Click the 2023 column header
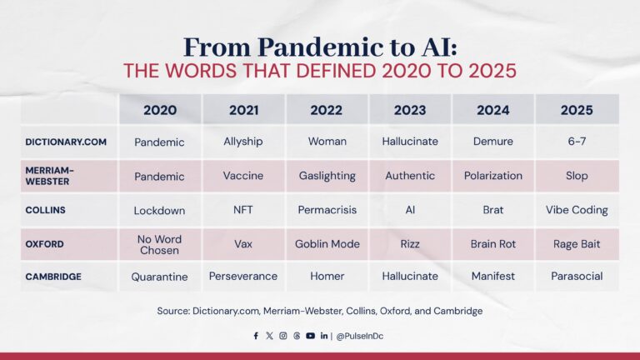410,109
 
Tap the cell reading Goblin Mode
327,244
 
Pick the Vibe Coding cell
577,210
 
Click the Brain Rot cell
493,244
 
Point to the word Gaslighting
327,176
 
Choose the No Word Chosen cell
160,244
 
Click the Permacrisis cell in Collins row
327,210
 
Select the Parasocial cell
577,276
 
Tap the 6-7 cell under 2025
577,142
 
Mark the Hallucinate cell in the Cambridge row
410,276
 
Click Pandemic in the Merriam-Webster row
160,176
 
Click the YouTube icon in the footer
310,336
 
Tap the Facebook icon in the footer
256,336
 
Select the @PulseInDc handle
361,336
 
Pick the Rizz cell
410,244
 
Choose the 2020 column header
160,109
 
